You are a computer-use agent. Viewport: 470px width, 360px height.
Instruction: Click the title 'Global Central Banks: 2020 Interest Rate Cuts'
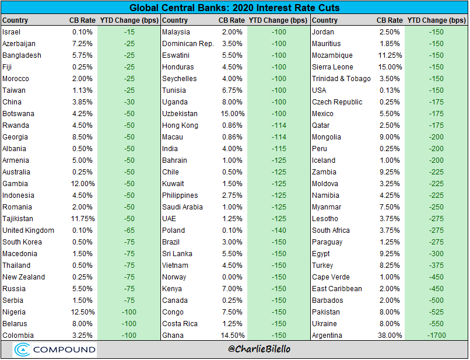point(234,8)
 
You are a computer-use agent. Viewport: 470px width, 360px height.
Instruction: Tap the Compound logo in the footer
point(56,349)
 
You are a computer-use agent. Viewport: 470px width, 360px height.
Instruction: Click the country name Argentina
point(329,335)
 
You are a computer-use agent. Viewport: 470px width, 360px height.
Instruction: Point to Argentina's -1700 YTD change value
point(436,335)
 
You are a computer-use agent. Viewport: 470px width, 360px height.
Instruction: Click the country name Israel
point(12,32)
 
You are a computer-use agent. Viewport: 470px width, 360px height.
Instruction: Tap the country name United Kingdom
point(28,230)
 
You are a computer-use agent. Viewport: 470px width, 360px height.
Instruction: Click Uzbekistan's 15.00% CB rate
point(230,113)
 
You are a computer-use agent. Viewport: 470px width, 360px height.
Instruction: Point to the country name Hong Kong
point(180,125)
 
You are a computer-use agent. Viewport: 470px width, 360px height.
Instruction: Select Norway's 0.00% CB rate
point(232,277)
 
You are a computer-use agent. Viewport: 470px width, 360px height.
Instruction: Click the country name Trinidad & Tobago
point(341,78)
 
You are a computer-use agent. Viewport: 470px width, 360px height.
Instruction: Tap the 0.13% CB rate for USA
point(391,90)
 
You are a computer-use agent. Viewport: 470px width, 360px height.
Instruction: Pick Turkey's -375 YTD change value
point(436,265)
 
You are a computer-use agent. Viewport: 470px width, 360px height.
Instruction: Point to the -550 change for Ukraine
point(436,324)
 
